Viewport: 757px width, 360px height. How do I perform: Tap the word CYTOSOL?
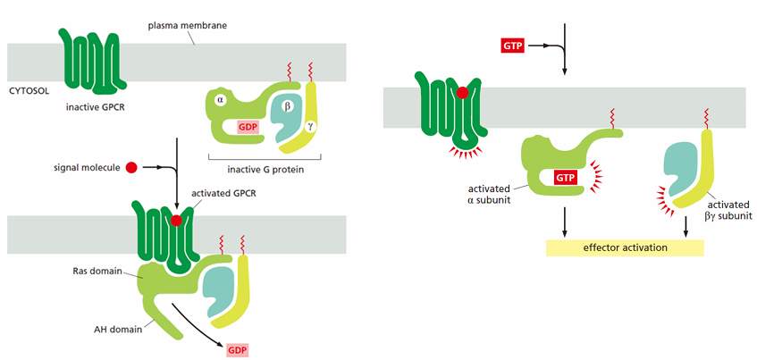click(x=28, y=90)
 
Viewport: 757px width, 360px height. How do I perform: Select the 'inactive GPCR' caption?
click(x=96, y=106)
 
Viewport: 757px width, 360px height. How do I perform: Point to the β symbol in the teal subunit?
click(x=289, y=106)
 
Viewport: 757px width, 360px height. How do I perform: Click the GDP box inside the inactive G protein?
click(x=248, y=127)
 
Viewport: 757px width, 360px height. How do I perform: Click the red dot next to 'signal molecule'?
click(x=130, y=168)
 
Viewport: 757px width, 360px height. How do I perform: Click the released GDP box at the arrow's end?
click(x=237, y=349)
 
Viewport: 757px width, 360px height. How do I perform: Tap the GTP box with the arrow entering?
click(x=514, y=46)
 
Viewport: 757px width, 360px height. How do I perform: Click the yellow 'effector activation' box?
click(x=626, y=248)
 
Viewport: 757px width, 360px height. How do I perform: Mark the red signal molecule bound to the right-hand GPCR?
click(x=462, y=92)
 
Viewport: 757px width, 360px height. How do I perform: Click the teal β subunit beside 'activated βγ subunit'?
click(x=680, y=169)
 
